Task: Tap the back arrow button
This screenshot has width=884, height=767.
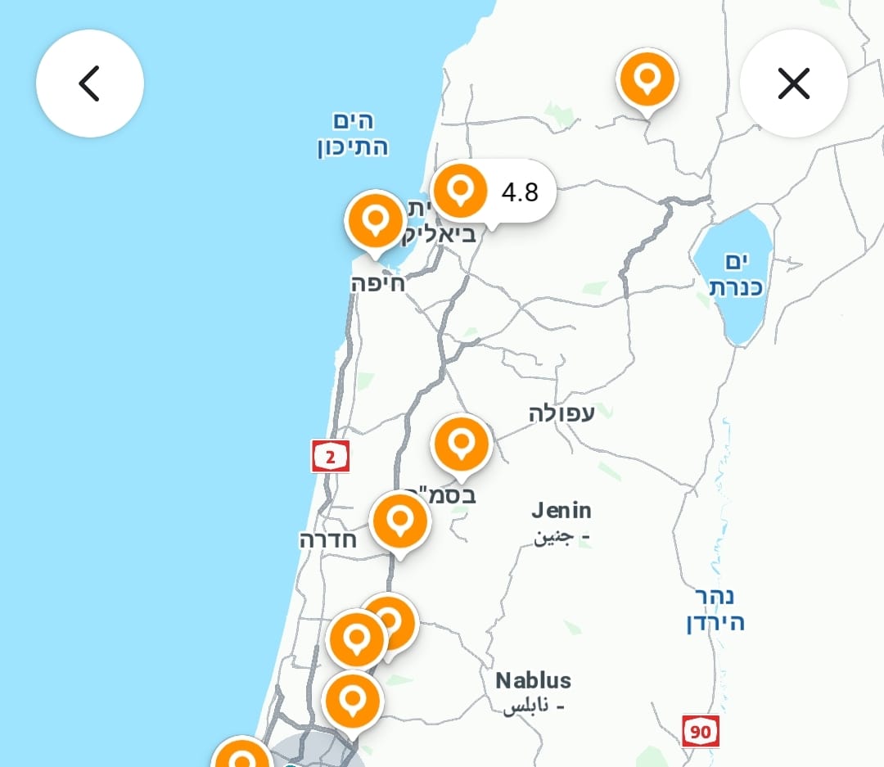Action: coord(89,83)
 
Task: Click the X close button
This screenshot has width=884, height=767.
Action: coord(793,83)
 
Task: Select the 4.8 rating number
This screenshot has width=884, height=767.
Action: coord(520,192)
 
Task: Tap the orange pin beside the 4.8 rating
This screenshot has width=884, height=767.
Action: coord(460,189)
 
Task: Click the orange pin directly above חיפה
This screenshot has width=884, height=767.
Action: coord(376,220)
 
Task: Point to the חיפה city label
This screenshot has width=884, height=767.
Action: coord(377,284)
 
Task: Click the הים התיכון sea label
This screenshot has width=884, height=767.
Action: coord(353,134)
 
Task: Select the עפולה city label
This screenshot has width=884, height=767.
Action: coord(562,413)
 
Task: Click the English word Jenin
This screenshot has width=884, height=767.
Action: coord(562,511)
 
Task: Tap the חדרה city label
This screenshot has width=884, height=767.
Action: coord(327,539)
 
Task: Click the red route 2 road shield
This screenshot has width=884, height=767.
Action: coord(331,456)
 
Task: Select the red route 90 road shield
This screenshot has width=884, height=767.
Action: coord(701,730)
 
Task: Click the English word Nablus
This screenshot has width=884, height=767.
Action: coord(533,680)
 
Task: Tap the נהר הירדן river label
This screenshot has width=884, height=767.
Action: coord(715,609)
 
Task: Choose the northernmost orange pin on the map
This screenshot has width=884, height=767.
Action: coord(647,79)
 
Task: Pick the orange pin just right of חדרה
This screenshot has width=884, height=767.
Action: coord(400,521)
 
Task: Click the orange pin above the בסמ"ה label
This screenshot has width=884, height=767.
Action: coord(462,444)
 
